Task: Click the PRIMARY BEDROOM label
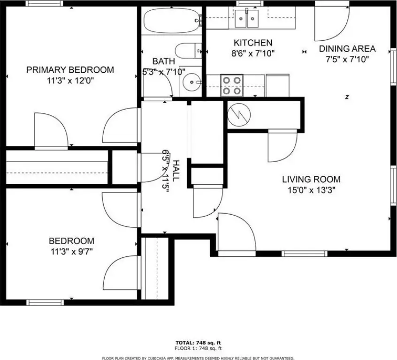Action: [70, 69]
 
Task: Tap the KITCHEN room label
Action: [253, 43]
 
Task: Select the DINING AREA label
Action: [347, 49]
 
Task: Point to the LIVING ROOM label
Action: [311, 180]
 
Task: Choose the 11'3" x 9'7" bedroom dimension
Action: [72, 252]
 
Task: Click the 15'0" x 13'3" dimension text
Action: [312, 190]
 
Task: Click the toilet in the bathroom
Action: [188, 51]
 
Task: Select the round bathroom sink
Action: [192, 82]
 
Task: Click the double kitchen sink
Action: [247, 18]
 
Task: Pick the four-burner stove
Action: [232, 85]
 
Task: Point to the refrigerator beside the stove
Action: [277, 85]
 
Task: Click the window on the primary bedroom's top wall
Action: [45, 3]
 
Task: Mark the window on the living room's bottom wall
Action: [305, 254]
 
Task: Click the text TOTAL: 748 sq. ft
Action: [198, 343]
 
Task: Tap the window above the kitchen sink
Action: [250, 3]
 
